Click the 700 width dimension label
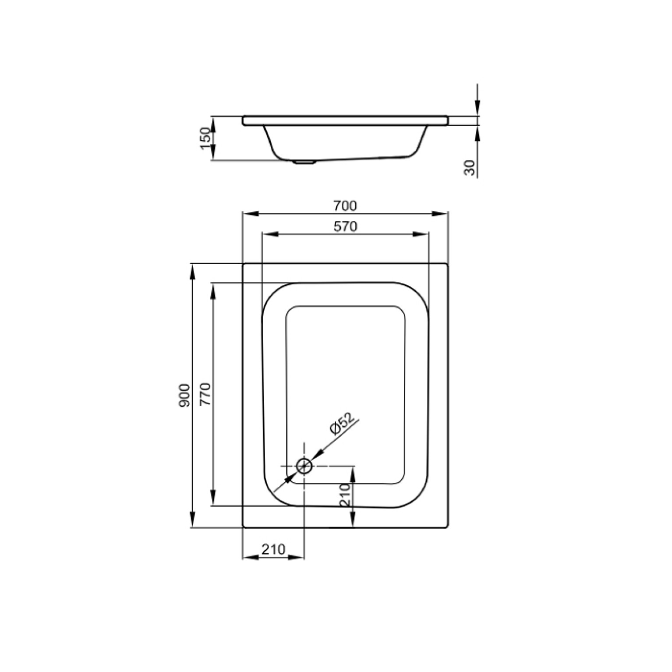345,205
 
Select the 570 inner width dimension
345,226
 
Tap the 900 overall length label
184,396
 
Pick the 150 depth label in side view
206,138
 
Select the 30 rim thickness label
470,168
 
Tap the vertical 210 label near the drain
346,495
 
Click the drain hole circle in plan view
304,466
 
